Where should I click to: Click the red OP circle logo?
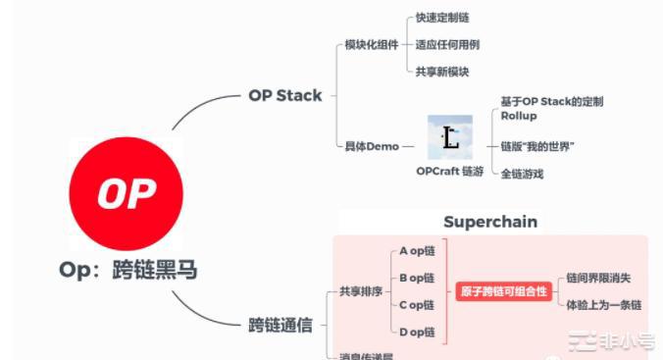coord(126,193)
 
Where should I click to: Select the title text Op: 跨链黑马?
coord(127,268)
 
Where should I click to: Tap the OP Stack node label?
coord(284,95)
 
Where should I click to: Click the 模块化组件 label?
coord(371,45)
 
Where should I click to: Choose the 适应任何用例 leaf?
coord(447,44)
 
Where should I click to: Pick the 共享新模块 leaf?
coord(442,71)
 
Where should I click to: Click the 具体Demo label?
coord(371,146)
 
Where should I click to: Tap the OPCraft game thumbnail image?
coord(450,138)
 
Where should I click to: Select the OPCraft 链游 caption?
coord(450,171)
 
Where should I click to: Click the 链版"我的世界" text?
coord(536,146)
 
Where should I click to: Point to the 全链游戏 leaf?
coord(522,174)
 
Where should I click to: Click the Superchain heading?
coord(490,222)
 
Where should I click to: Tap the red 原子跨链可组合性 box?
coord(503,291)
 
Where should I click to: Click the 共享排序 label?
coord(358,291)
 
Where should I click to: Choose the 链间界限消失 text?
coord(599,278)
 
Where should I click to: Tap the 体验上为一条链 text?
coord(603,305)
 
